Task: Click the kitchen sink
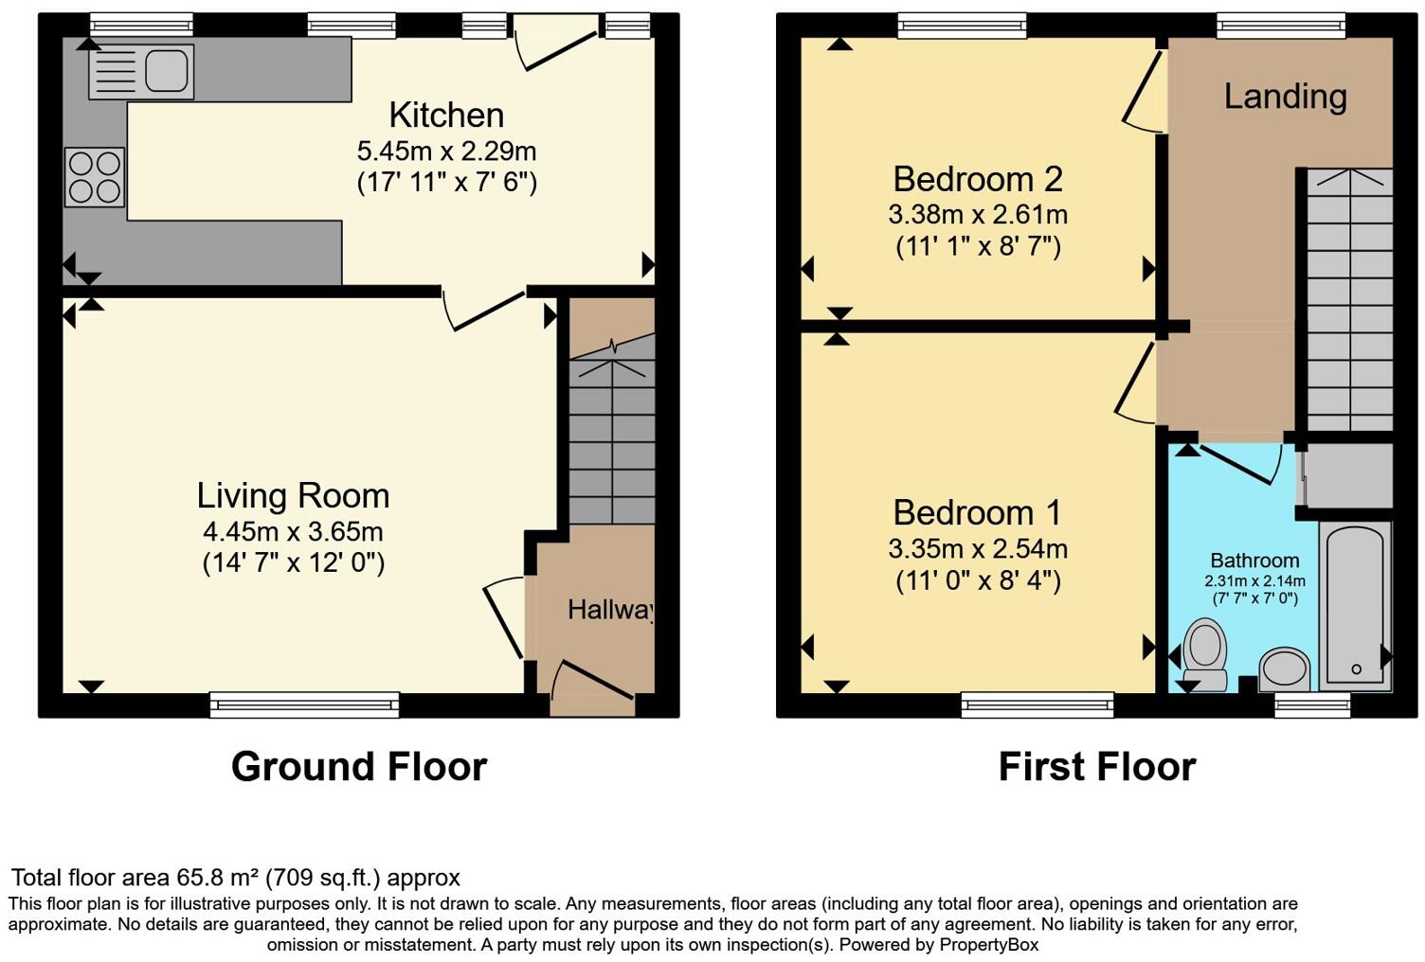click(x=141, y=72)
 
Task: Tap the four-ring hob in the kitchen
click(x=95, y=177)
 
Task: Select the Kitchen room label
click(x=446, y=116)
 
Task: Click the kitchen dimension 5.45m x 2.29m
click(x=446, y=151)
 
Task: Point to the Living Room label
click(x=293, y=495)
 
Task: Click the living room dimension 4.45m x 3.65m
click(x=293, y=531)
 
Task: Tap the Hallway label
click(x=610, y=610)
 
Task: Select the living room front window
click(x=304, y=704)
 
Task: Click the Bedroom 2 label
click(x=978, y=179)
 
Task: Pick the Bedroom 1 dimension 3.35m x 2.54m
click(x=978, y=548)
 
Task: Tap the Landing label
click(x=1285, y=97)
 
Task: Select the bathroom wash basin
click(x=1286, y=669)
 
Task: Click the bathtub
click(x=1355, y=606)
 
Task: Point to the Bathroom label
click(x=1254, y=561)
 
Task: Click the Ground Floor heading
click(x=358, y=766)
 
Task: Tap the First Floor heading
click(x=1096, y=766)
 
